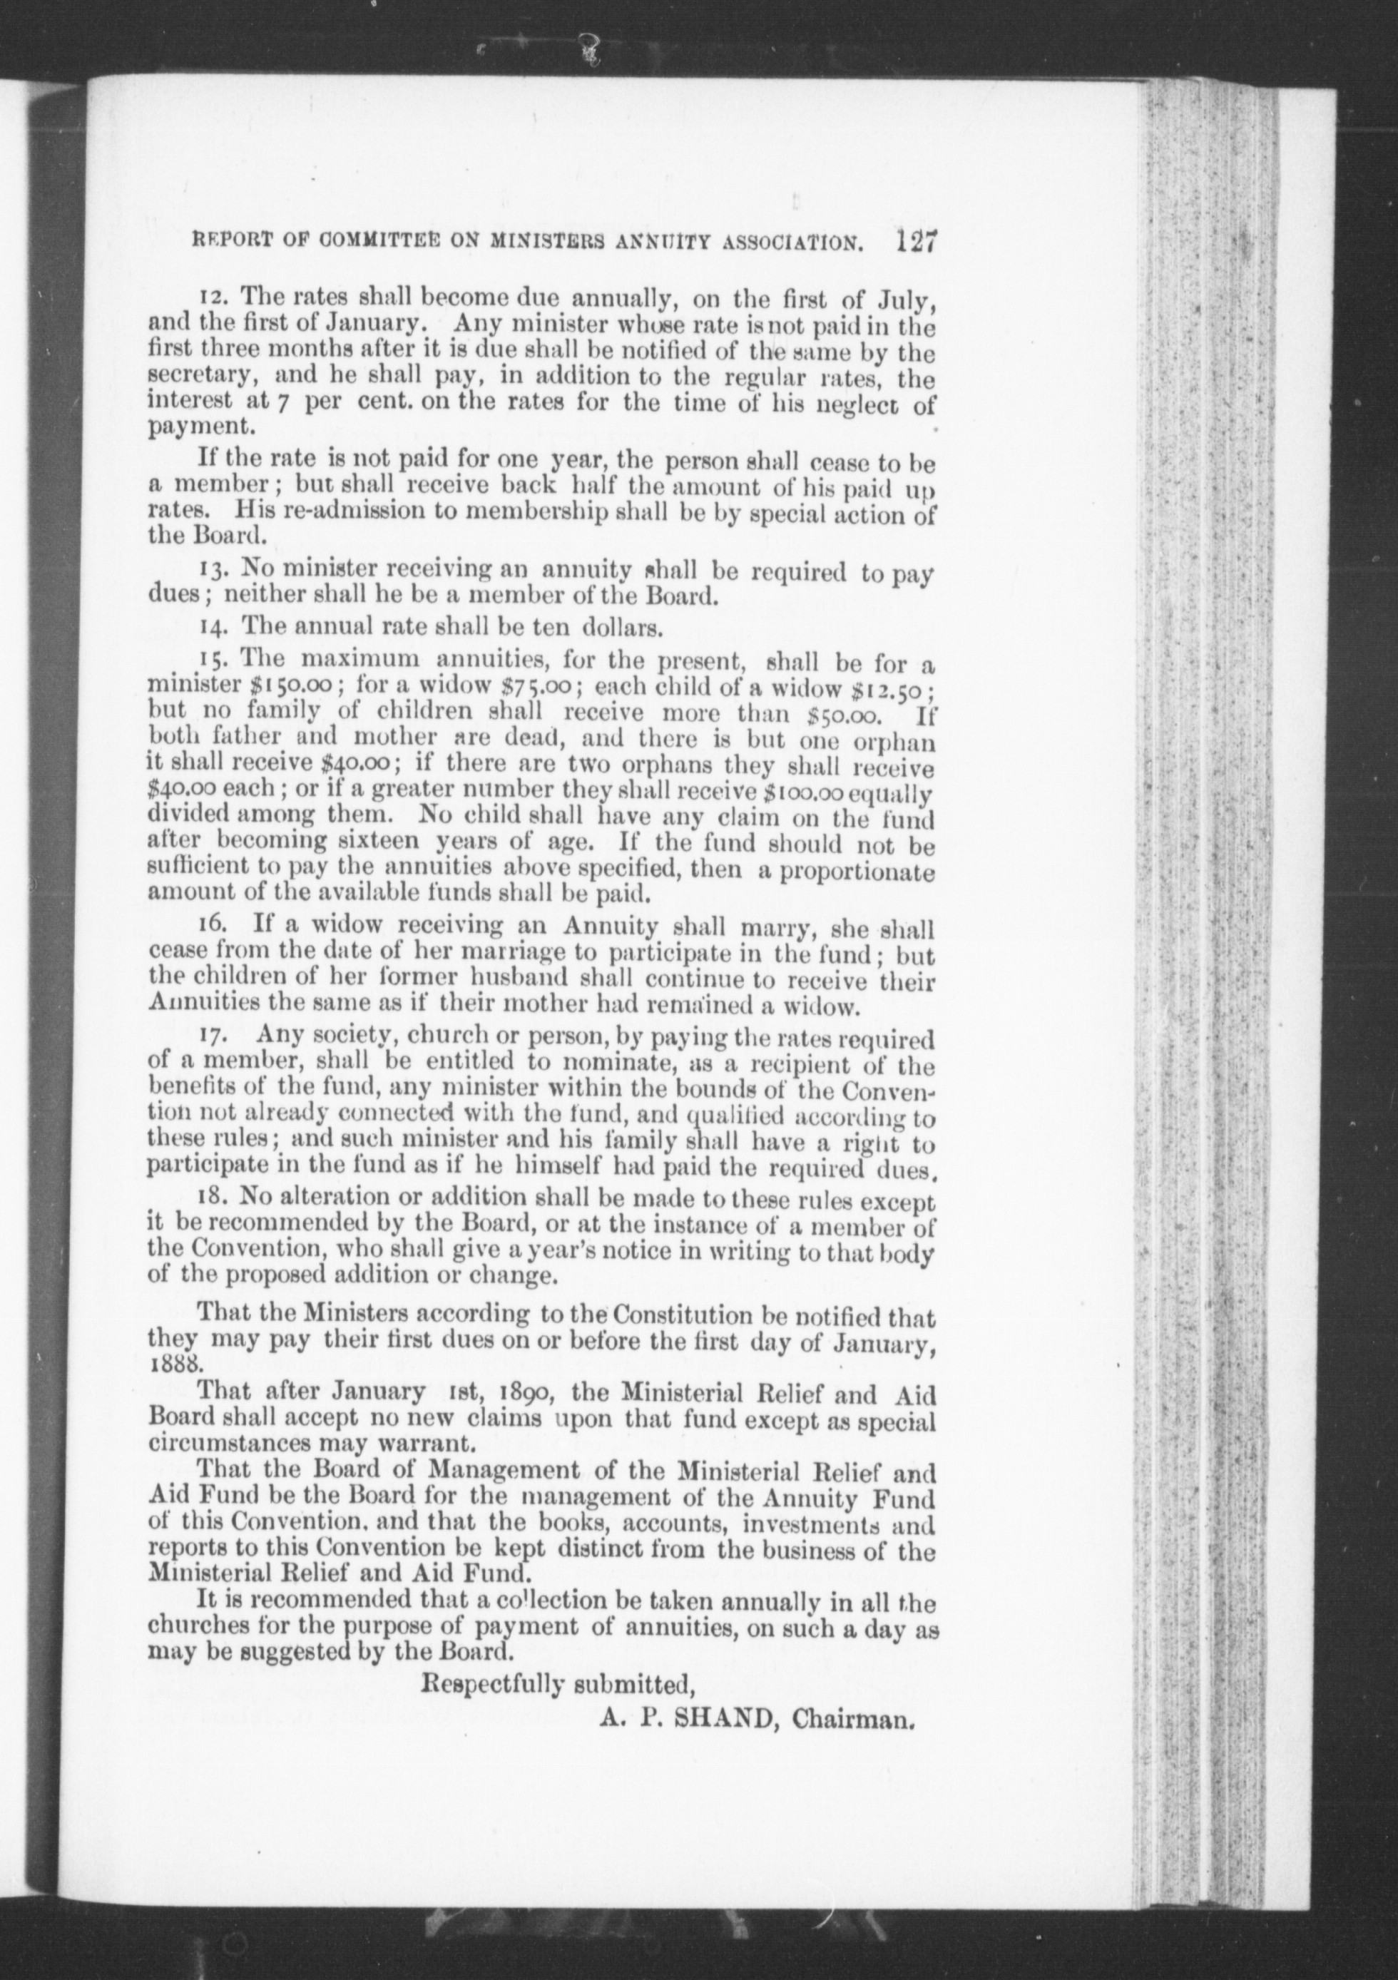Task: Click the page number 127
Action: tap(915, 240)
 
